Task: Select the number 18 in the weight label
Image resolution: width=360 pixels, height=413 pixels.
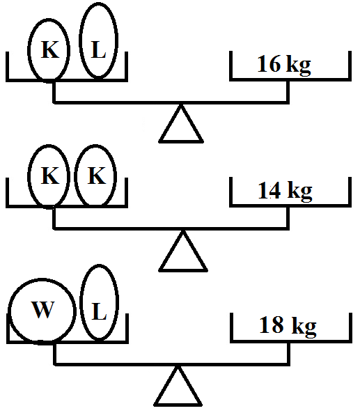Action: coord(272,325)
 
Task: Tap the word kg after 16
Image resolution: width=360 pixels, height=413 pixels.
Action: coord(299,65)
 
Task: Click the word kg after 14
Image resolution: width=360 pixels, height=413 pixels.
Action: coord(299,192)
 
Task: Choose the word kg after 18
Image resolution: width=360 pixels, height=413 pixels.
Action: coord(304,327)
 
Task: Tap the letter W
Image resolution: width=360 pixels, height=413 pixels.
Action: coord(42,309)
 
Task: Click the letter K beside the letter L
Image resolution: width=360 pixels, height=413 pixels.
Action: coord(50,49)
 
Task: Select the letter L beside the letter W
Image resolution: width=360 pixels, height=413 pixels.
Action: coord(100,311)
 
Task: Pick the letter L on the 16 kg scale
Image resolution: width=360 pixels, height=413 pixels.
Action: coord(98,49)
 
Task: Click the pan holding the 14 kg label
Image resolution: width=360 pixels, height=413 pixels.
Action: coord(290,205)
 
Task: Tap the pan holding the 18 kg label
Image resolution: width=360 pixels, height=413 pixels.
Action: coord(291,342)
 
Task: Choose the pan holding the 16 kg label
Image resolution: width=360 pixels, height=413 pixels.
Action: coord(290,79)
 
